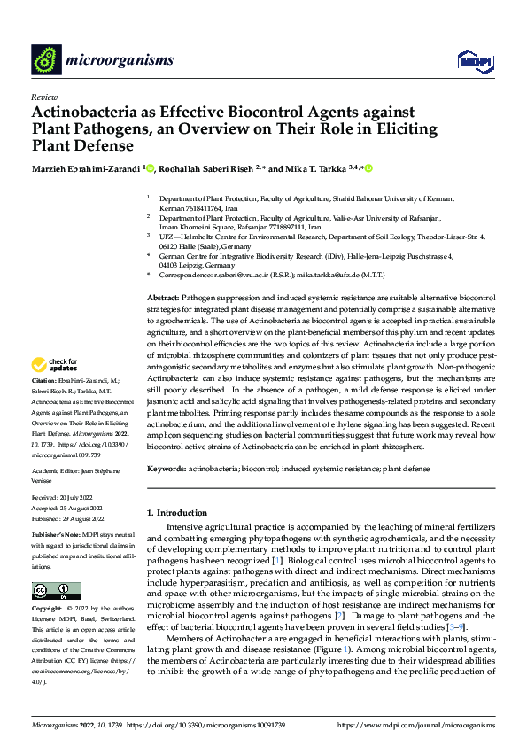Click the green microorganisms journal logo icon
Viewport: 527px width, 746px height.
pyautogui.click(x=45, y=59)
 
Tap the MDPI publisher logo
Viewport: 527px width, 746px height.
pyautogui.click(x=473, y=59)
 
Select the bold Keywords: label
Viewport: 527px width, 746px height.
pyautogui.click(x=167, y=467)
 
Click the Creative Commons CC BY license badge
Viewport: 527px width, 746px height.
pyautogui.click(x=56, y=590)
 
